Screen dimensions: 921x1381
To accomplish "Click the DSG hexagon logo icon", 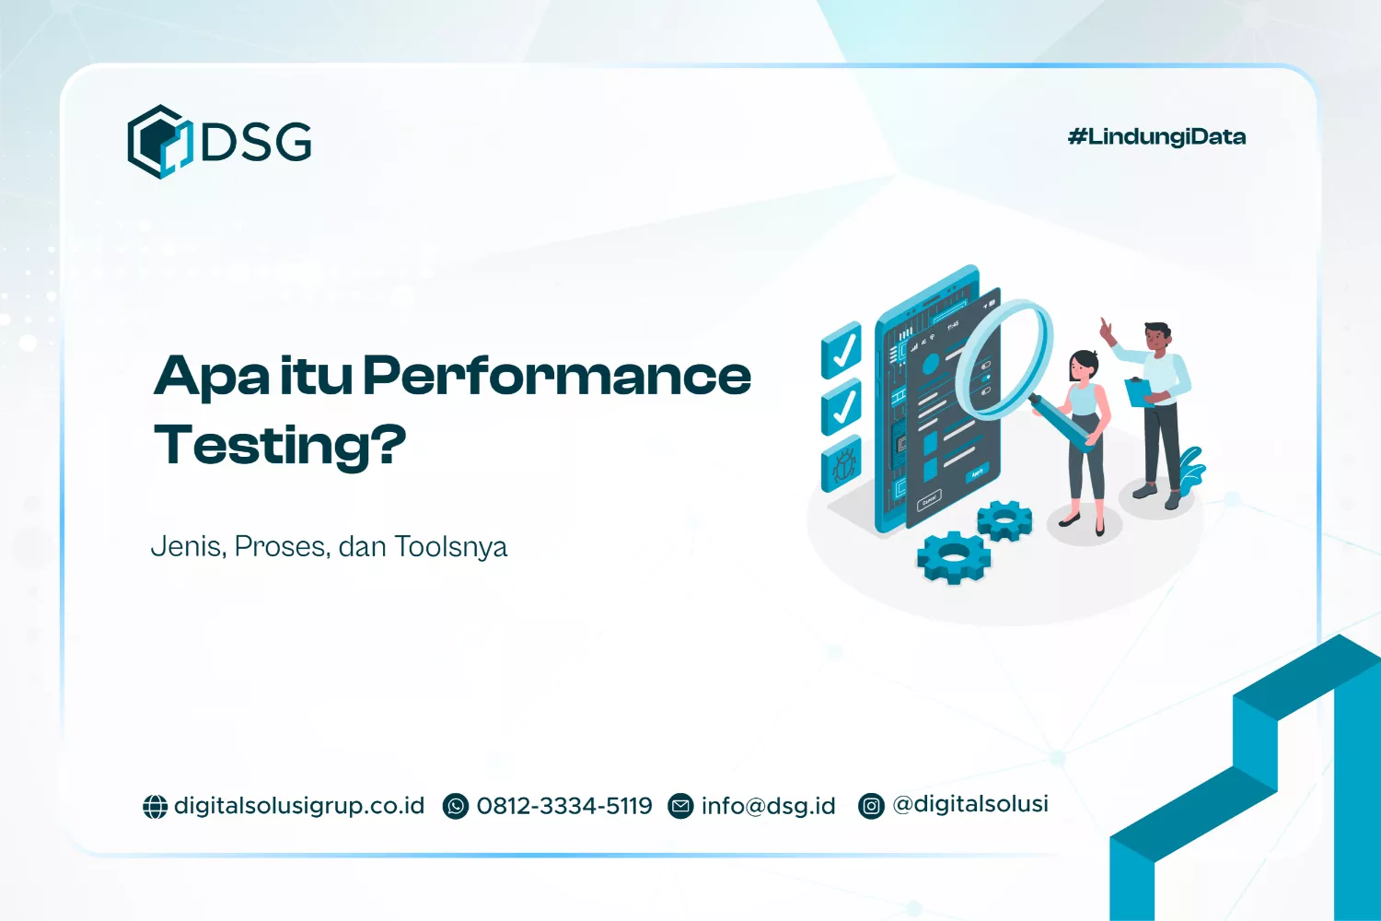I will [158, 142].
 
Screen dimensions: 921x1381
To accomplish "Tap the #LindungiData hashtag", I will [1156, 137].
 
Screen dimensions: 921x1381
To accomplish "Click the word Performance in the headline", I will [557, 377].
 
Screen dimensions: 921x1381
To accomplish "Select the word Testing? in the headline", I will [280, 445].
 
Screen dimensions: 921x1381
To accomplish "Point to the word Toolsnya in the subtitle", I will [450, 547].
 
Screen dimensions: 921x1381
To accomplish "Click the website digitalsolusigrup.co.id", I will [299, 806].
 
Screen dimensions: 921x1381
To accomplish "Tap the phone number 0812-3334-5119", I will [563, 806].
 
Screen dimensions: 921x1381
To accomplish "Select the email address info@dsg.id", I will [768, 806].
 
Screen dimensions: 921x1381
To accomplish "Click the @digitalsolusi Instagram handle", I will [970, 804].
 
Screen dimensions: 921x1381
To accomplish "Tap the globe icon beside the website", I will [155, 807].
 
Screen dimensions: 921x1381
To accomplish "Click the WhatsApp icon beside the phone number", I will [456, 807].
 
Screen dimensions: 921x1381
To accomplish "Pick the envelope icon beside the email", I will [680, 807].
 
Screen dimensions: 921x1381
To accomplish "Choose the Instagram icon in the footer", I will [871, 807].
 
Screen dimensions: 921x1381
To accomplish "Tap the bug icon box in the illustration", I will [841, 463].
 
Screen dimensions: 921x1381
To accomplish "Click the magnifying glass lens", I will [1003, 359].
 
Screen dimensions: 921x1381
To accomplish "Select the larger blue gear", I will [953, 556].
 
